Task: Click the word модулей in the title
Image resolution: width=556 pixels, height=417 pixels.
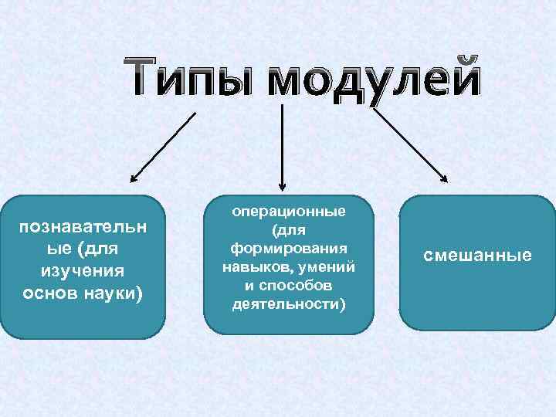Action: (374, 80)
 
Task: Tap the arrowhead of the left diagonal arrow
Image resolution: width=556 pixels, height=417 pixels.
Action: (133, 179)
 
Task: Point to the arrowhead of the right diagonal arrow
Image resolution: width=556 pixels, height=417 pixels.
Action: (445, 179)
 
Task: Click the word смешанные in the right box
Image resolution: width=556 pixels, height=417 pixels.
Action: (477, 255)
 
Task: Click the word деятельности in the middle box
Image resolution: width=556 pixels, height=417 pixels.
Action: (287, 303)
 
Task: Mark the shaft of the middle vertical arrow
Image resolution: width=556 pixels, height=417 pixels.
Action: (282, 143)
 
